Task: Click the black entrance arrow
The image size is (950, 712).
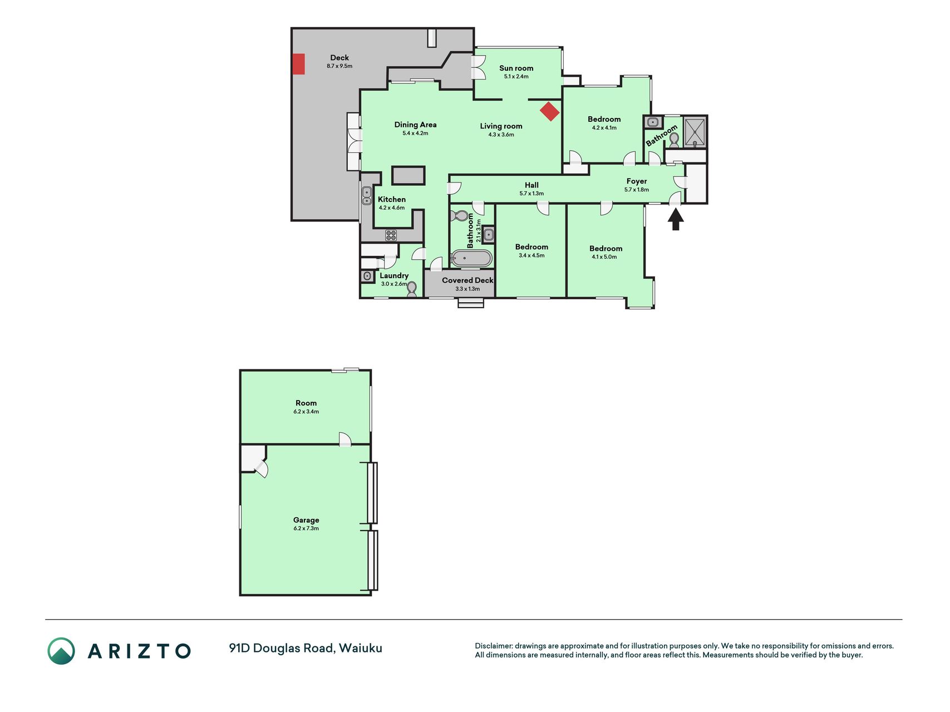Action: [x=676, y=219]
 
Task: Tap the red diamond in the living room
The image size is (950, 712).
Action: [x=550, y=111]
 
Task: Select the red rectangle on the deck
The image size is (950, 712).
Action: [x=299, y=64]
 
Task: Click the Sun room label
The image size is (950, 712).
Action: [x=516, y=68]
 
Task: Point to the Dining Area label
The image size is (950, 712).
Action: [x=415, y=125]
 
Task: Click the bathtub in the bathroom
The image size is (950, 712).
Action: [x=471, y=259]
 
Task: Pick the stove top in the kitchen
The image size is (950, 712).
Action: [x=391, y=235]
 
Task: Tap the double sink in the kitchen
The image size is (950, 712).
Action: [x=367, y=196]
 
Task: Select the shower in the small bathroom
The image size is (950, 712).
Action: [x=695, y=132]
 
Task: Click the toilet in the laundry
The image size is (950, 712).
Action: [x=412, y=289]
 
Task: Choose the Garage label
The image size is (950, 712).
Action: [x=306, y=520]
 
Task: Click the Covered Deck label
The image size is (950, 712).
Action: [x=467, y=280]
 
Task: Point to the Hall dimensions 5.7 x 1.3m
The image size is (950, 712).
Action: [x=531, y=194]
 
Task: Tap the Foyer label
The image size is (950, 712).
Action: [x=637, y=181]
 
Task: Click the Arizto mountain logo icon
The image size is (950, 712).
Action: [x=61, y=651]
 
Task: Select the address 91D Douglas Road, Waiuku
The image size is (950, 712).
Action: [x=306, y=648]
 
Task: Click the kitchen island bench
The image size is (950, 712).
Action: [x=408, y=175]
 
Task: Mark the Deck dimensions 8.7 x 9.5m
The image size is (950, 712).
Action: [x=339, y=66]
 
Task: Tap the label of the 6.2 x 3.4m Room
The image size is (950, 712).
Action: [x=306, y=403]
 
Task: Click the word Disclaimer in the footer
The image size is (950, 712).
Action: [x=493, y=646]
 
